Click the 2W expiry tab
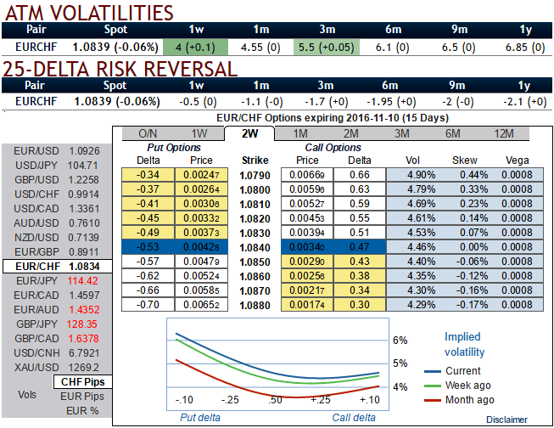coord(249,133)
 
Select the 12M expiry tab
coord(503,133)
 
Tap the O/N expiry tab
coord(148,133)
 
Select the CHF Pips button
coord(81,381)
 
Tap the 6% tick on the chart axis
coord(400,340)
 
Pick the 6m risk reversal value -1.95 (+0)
coord(390,101)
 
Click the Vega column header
coord(517,160)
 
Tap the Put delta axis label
coord(201,417)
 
